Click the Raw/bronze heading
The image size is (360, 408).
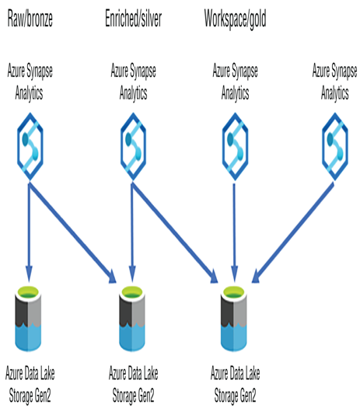click(30, 19)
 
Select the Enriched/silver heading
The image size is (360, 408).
click(133, 18)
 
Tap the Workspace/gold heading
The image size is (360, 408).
click(235, 19)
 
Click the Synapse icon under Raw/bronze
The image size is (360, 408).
click(30, 146)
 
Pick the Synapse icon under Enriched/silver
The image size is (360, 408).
click(133, 146)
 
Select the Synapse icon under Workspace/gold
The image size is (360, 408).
click(235, 146)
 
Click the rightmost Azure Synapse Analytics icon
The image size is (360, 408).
click(335, 146)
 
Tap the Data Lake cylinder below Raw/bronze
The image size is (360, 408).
click(28, 319)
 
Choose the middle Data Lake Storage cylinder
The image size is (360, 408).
click(132, 319)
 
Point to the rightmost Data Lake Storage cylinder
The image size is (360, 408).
click(234, 319)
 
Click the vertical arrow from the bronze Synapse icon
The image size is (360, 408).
click(29, 232)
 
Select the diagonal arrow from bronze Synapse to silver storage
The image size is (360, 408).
click(72, 232)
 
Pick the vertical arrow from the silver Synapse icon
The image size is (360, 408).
click(132, 232)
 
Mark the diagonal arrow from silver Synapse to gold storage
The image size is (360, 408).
click(175, 232)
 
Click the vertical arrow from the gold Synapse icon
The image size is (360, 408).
click(235, 233)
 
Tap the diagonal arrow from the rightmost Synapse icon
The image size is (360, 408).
click(293, 232)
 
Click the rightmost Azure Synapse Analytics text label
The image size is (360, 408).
click(335, 82)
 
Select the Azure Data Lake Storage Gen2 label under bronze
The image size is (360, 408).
click(30, 385)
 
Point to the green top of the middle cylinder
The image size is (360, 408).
click(132, 292)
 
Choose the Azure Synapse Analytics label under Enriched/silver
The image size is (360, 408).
click(133, 82)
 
